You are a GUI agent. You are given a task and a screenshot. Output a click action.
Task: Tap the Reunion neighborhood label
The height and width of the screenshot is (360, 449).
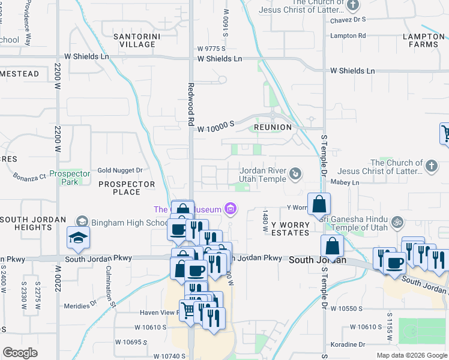(273, 127)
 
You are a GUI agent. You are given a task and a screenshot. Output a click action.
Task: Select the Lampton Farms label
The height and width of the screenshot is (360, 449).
(424, 40)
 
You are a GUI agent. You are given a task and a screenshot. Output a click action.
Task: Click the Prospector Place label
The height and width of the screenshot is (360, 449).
(127, 188)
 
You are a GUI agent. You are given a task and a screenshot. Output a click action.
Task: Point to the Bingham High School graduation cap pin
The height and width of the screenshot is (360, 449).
(78, 238)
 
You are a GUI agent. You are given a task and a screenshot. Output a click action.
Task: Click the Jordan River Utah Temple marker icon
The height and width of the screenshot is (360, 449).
(295, 174)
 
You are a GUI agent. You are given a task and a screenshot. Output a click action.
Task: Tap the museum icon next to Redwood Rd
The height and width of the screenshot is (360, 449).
(230, 209)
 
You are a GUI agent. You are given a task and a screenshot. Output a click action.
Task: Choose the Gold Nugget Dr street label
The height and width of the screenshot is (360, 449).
(119, 170)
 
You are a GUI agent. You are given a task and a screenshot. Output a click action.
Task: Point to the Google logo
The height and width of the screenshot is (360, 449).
(20, 352)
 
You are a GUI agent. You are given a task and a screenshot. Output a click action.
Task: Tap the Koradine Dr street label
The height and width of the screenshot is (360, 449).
(348, 345)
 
